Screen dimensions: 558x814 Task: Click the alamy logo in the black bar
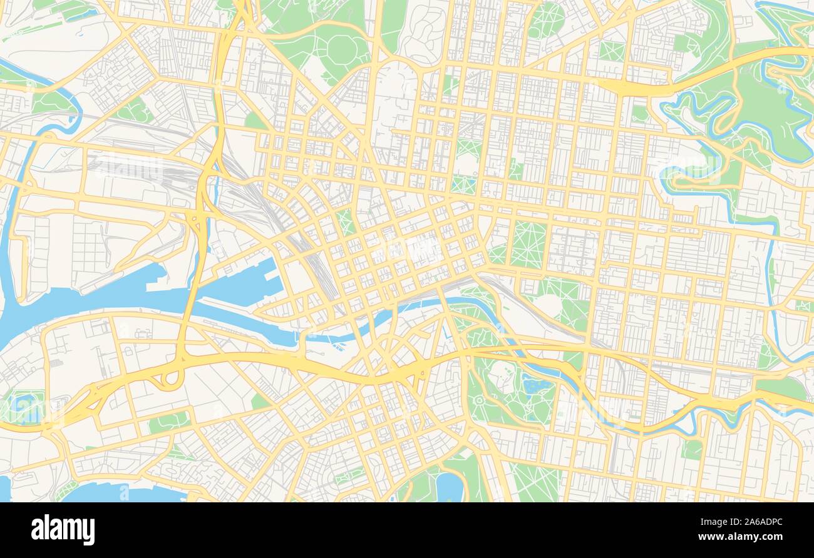pos(63,530)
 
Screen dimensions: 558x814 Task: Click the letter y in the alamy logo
pos(88,532)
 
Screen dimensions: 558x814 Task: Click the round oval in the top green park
pos(342,48)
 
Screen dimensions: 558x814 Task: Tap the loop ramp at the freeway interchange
pos(169,378)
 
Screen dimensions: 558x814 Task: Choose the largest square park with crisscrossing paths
pos(527,244)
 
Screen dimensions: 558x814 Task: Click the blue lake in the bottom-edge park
pos(448,487)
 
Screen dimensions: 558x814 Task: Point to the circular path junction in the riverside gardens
pos(479,399)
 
